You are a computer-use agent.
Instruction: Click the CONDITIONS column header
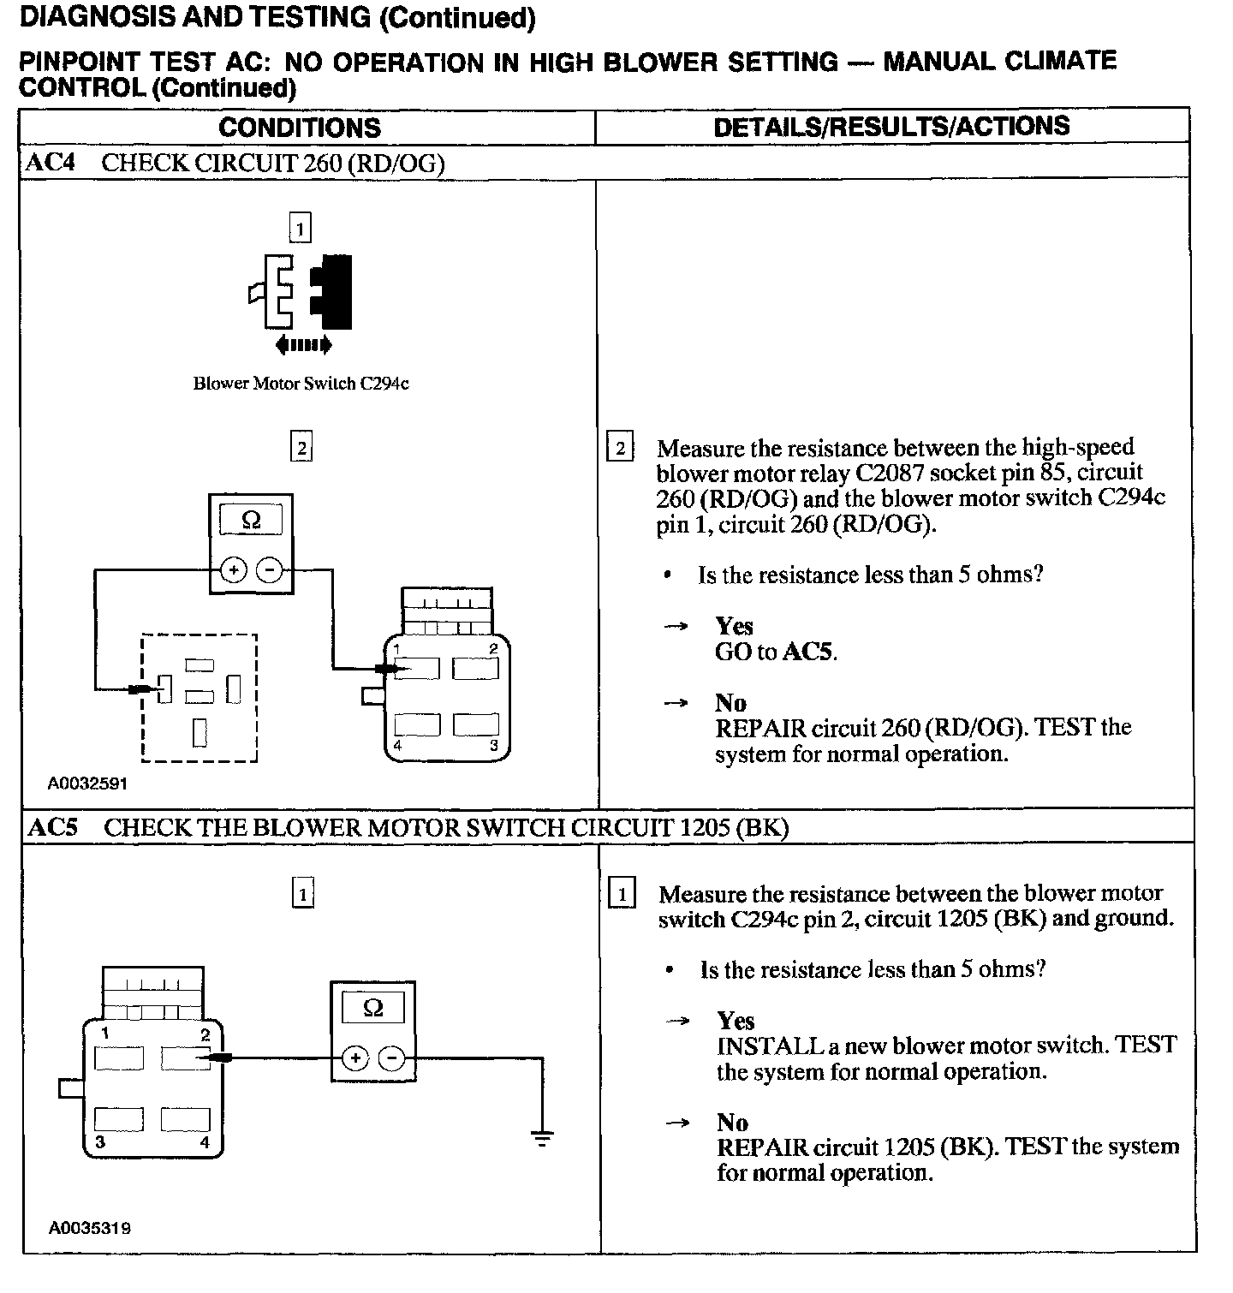tap(299, 128)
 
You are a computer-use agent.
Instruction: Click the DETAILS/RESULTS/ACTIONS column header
tap(891, 127)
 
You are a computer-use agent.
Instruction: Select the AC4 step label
tap(51, 163)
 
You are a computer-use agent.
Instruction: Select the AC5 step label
tap(53, 827)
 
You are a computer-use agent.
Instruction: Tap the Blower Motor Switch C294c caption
tap(301, 384)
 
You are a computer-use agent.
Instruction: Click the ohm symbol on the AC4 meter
tap(251, 520)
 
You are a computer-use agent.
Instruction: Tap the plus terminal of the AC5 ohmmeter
tap(354, 1059)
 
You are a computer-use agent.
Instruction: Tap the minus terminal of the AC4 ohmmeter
tap(270, 569)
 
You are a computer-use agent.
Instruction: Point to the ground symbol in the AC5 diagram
tap(541, 1138)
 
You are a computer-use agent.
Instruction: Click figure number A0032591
tap(87, 783)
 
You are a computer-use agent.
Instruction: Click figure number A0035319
tap(90, 1228)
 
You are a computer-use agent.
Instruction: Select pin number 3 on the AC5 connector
tap(101, 1141)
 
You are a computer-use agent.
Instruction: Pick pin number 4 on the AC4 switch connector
tap(398, 745)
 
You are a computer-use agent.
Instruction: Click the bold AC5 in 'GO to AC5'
tap(808, 652)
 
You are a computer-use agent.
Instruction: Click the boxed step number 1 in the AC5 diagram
tap(302, 894)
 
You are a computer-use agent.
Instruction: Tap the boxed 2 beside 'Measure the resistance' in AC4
tap(620, 448)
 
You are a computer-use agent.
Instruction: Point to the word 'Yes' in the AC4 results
tap(734, 626)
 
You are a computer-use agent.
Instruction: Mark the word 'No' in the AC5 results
tap(732, 1123)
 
